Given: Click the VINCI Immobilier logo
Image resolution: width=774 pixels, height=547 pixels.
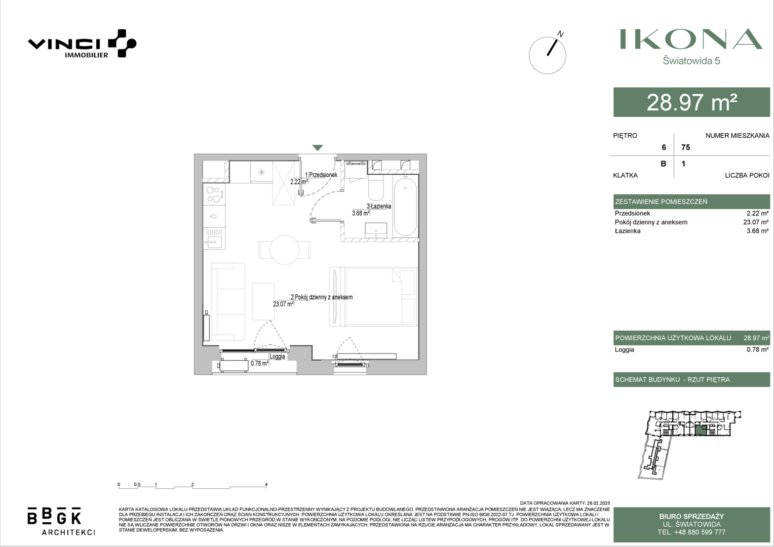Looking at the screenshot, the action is pos(82,44).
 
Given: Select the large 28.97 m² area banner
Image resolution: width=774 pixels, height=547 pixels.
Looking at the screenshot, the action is pos(692,102).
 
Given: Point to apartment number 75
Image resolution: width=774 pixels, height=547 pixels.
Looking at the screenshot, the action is pos(685,147).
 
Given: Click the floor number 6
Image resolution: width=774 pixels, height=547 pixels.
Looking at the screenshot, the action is pos(664,147).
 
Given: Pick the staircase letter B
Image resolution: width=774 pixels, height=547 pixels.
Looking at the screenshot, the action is pos(664,164).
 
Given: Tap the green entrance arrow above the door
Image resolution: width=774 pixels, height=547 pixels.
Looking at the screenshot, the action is pos(318,147).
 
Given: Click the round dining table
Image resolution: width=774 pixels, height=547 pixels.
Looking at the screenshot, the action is pos(284,250).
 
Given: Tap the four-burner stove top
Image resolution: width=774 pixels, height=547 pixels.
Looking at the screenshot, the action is pos(214,194).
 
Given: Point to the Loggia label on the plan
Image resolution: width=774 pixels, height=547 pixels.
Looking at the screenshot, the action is pos(277,356).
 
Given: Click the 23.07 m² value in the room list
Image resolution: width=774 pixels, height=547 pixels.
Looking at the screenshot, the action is pos(756,222).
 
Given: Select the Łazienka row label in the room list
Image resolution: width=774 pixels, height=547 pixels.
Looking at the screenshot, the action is pos(628,231).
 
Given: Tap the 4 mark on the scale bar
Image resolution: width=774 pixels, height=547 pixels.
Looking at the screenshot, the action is pos(266,485).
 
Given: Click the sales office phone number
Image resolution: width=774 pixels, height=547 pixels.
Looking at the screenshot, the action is pos(691,532).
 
